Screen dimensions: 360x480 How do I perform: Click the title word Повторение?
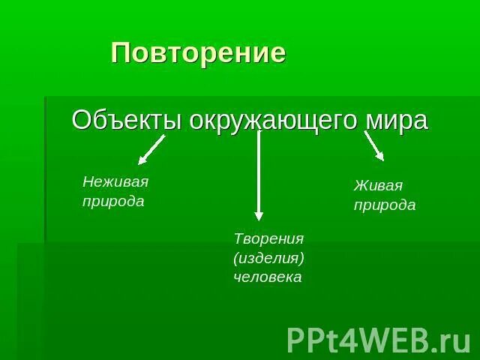(x=199, y=53)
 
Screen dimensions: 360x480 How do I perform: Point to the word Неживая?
(x=115, y=181)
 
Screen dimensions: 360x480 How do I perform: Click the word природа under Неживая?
(x=113, y=202)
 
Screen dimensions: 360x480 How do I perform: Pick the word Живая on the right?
(x=378, y=185)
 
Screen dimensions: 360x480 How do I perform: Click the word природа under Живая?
(x=385, y=205)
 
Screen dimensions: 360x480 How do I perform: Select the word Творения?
(x=268, y=238)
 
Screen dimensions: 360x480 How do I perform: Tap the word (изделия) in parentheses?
(x=268, y=257)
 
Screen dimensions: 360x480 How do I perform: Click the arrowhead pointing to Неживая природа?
(x=143, y=158)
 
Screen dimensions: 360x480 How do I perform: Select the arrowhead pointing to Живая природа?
(x=379, y=155)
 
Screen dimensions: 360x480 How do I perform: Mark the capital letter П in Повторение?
(x=120, y=53)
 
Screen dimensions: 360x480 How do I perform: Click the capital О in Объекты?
(x=82, y=120)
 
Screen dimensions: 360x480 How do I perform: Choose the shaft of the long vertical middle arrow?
(x=259, y=172)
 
